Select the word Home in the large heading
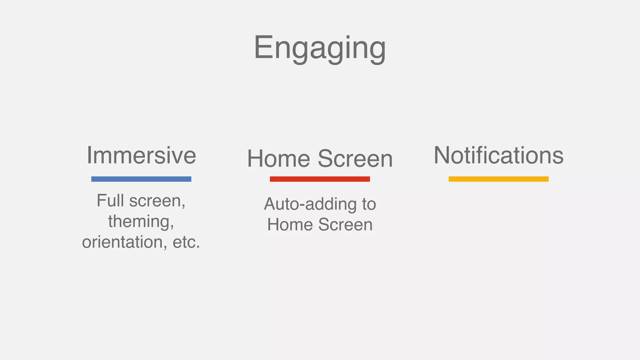[278, 159]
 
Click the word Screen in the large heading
[355, 159]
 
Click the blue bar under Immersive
[141, 179]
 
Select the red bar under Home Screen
[320, 179]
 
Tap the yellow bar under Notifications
[498, 179]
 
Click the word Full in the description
[110, 200]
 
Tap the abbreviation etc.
[186, 242]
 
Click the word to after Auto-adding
[369, 204]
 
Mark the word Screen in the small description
[345, 225]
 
